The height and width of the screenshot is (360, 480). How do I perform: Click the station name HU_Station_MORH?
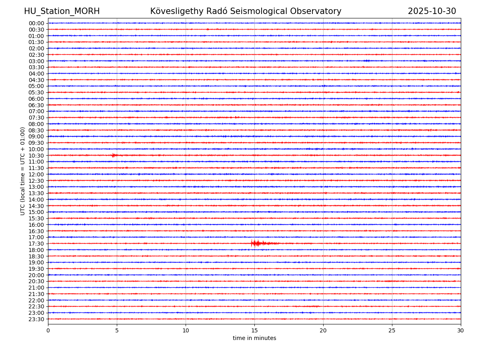[62, 12]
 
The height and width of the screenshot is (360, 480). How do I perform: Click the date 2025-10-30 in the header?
[432, 12]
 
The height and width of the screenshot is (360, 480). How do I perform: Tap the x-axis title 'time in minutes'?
[254, 338]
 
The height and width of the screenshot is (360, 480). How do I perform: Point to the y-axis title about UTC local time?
[23, 171]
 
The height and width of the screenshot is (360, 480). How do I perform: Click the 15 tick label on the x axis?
[254, 330]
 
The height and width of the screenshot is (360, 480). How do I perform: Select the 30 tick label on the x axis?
[461, 330]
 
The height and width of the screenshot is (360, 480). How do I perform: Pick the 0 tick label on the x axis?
[48, 330]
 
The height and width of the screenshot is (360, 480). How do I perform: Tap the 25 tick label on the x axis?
[392, 330]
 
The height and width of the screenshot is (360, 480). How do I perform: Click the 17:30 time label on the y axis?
[36, 244]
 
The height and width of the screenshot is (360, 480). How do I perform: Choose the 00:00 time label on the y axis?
[36, 23]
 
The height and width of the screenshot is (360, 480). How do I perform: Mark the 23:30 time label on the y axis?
[36, 319]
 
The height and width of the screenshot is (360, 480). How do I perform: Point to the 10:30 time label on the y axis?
[36, 156]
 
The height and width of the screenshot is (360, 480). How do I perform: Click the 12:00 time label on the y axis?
[36, 174]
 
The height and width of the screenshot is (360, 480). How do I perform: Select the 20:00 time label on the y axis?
[36, 275]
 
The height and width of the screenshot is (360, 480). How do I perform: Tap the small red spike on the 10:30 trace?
[114, 155]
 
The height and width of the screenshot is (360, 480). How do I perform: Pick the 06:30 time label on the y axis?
[36, 105]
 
